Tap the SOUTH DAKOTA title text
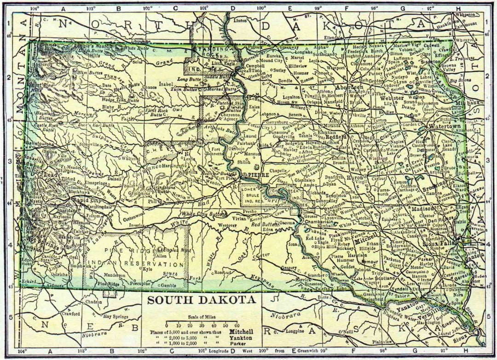pyautogui.click(x=202, y=300)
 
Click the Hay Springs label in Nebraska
pyautogui.click(x=115, y=316)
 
